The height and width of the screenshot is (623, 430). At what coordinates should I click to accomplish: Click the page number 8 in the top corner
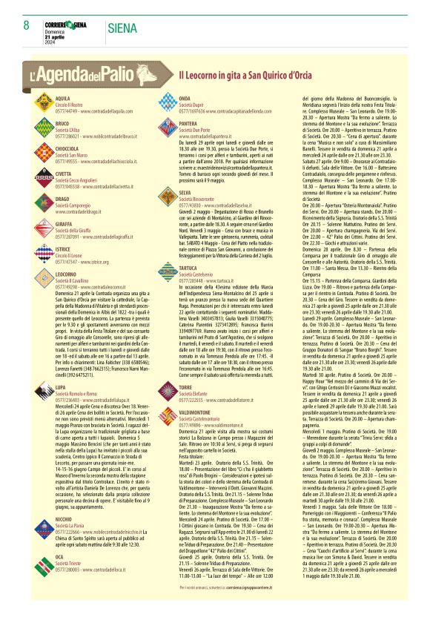(x=27, y=26)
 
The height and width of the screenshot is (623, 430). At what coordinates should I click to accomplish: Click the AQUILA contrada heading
(x=63, y=98)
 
